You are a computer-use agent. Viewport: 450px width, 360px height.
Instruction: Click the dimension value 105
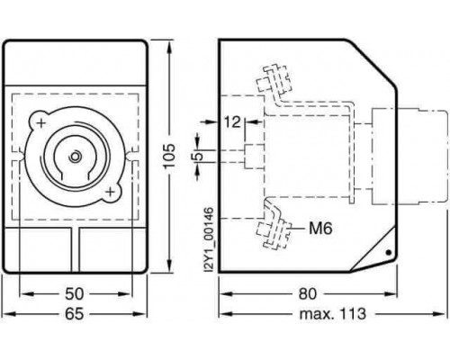pos(170,156)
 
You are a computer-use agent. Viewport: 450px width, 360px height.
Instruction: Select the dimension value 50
pos(74,294)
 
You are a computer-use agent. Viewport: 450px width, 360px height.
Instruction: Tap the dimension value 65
pos(74,314)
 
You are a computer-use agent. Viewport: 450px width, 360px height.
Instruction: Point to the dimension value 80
pos(308,294)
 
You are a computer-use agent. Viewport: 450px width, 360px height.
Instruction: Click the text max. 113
pos(333,314)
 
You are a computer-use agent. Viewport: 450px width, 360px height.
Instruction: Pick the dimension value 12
pos(232,122)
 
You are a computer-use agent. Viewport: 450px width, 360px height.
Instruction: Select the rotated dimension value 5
pos(200,156)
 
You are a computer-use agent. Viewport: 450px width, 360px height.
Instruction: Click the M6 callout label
pos(320,229)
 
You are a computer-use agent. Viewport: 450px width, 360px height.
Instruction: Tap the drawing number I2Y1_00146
pos(209,239)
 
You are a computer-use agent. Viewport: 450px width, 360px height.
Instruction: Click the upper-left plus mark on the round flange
pos(41,123)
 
